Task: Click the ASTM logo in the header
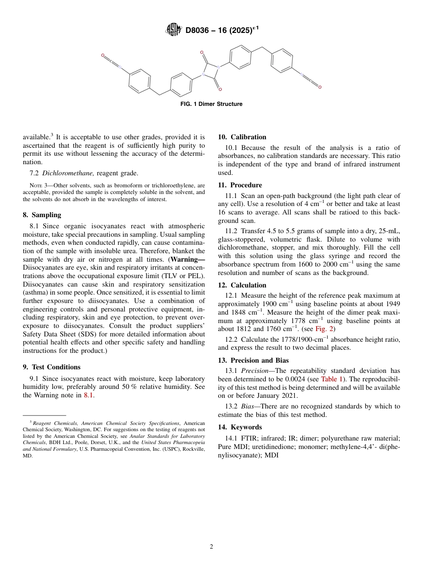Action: click(x=173, y=30)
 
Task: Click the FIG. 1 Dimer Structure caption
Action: click(x=211, y=104)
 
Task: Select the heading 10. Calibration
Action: click(x=242, y=137)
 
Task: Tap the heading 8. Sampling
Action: click(x=42, y=215)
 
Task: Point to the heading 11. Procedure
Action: click(x=240, y=185)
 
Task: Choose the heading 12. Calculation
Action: click(x=242, y=285)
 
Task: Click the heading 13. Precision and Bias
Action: click(x=253, y=360)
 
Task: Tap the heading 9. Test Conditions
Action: click(x=52, y=367)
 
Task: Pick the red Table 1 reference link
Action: click(x=332, y=379)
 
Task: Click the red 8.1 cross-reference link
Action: click(x=89, y=395)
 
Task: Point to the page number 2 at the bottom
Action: click(x=211, y=547)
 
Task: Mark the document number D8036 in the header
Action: click(x=199, y=30)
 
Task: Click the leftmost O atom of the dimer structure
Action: click(x=102, y=56)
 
